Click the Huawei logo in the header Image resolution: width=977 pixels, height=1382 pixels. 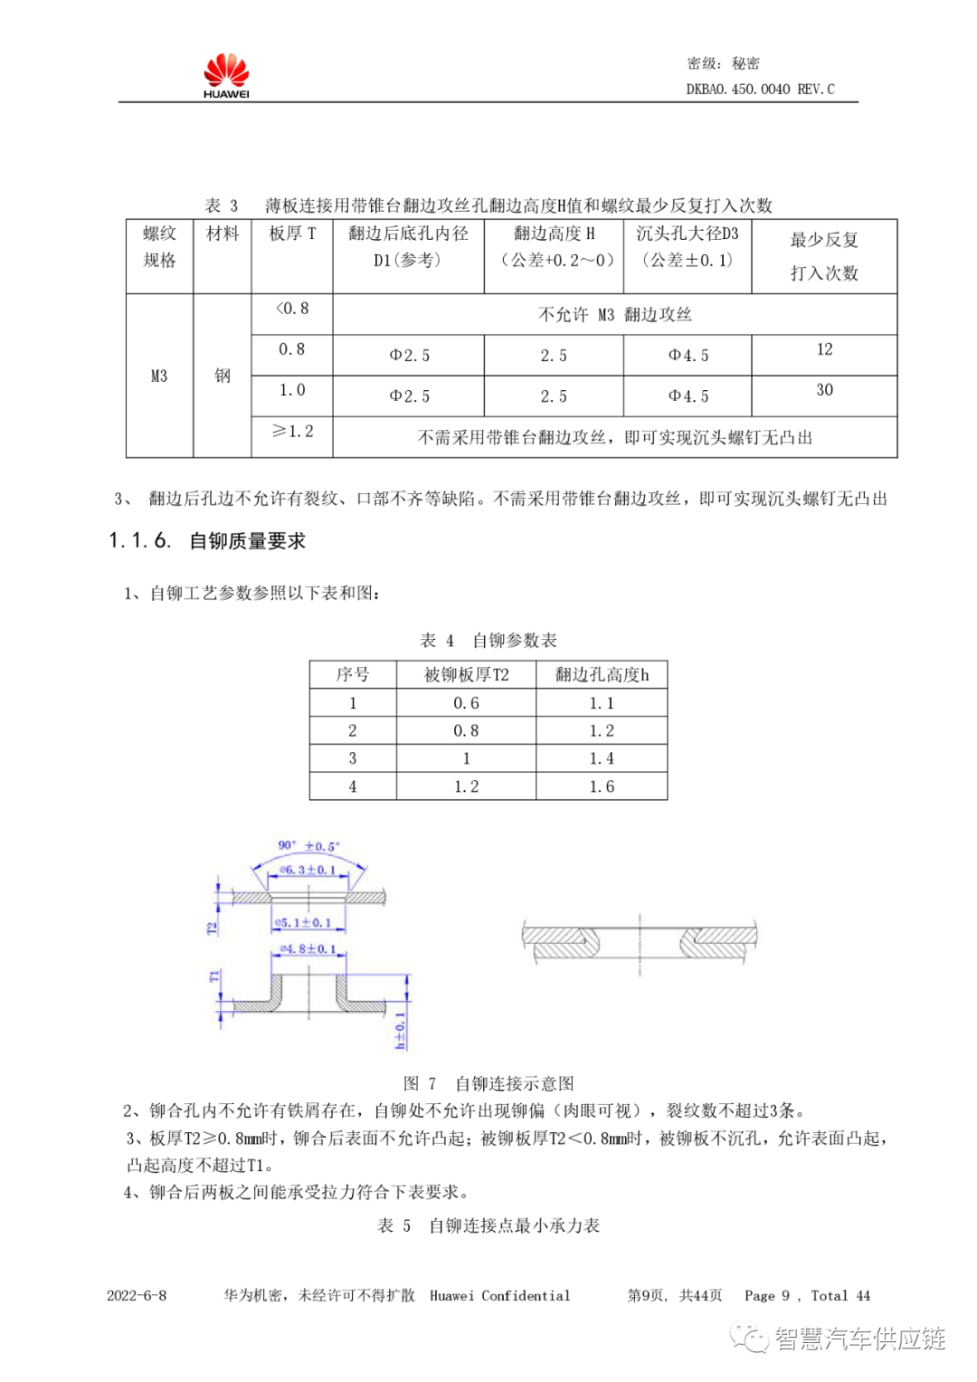226,75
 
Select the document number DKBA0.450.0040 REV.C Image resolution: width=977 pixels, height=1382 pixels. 760,90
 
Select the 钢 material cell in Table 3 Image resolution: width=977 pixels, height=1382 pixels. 223,376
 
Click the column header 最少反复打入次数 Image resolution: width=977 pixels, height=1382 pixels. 824,256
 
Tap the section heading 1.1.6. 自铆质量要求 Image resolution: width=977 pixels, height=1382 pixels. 207,541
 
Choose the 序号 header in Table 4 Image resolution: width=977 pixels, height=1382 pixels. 353,675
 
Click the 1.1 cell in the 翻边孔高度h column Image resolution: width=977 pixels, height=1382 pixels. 602,703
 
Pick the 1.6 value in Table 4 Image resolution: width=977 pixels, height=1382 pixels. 602,786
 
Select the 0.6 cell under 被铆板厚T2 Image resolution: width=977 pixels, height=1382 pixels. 466,703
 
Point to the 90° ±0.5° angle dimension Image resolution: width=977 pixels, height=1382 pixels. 308,846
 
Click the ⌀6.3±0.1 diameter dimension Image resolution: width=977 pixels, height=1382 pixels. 308,870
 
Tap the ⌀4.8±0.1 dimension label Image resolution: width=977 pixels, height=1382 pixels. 308,949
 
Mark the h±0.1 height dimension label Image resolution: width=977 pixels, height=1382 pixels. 401,1031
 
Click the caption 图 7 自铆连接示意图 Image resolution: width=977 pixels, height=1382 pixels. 488,1083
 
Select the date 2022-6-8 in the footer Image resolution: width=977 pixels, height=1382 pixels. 137,1295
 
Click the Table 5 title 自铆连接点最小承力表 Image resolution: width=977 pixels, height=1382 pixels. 488,1225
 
